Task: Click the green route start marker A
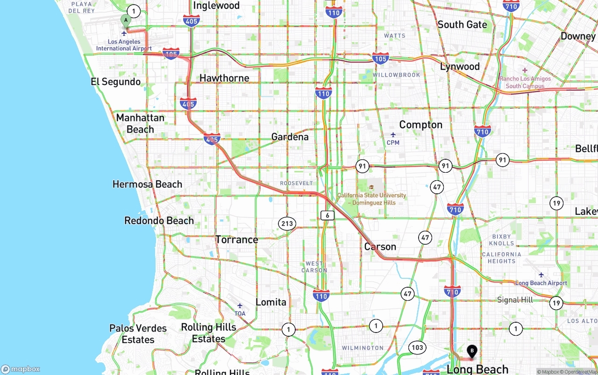click(126, 21)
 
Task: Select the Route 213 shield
click(287, 223)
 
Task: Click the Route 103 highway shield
click(417, 347)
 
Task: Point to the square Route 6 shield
click(327, 215)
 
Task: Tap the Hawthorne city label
click(224, 78)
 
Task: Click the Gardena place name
click(290, 137)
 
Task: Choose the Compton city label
click(420, 125)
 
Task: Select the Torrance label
click(236, 240)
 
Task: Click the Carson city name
click(380, 247)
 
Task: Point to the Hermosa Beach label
click(147, 184)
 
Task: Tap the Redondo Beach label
click(159, 220)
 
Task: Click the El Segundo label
click(115, 82)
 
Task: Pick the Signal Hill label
click(515, 300)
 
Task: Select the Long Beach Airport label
click(541, 283)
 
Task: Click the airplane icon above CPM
click(393, 135)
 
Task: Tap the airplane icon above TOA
click(240, 306)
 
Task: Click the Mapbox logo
click(21, 369)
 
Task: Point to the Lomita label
click(271, 302)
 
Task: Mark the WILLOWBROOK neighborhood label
click(397, 75)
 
